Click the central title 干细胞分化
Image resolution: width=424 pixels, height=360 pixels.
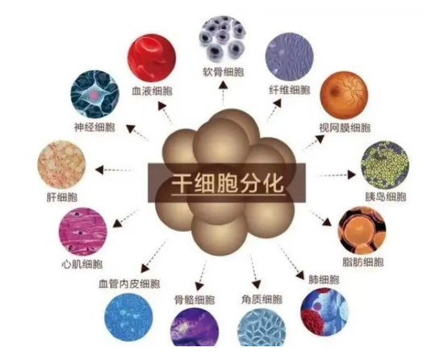(x=228, y=183)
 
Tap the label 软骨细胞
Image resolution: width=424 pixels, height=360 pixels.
(x=224, y=72)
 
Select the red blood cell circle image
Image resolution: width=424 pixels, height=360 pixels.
(x=152, y=57)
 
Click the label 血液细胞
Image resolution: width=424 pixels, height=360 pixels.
(x=152, y=91)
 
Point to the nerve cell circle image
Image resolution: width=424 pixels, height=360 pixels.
(x=94, y=94)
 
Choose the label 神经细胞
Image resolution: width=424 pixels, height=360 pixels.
(x=95, y=127)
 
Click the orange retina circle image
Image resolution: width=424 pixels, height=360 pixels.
(x=344, y=96)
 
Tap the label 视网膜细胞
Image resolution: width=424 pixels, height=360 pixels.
(x=345, y=128)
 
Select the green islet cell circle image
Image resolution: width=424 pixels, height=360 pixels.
(x=385, y=165)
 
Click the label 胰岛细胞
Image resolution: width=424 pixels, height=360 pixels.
(x=385, y=196)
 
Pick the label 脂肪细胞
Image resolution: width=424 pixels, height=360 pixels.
(x=363, y=262)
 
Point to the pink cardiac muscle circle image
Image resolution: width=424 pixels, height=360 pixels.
(x=83, y=232)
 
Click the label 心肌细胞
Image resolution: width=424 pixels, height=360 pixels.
(x=82, y=264)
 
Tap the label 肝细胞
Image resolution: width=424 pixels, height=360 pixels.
(x=62, y=197)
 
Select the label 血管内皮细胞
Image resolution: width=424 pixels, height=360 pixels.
(x=129, y=284)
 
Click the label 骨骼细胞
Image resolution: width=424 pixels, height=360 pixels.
(x=195, y=299)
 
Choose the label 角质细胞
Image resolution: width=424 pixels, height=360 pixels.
(x=262, y=299)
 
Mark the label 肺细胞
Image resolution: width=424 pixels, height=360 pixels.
(x=324, y=279)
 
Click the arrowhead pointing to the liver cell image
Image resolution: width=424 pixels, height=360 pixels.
(x=99, y=170)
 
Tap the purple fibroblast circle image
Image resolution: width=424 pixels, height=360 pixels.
(x=289, y=57)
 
